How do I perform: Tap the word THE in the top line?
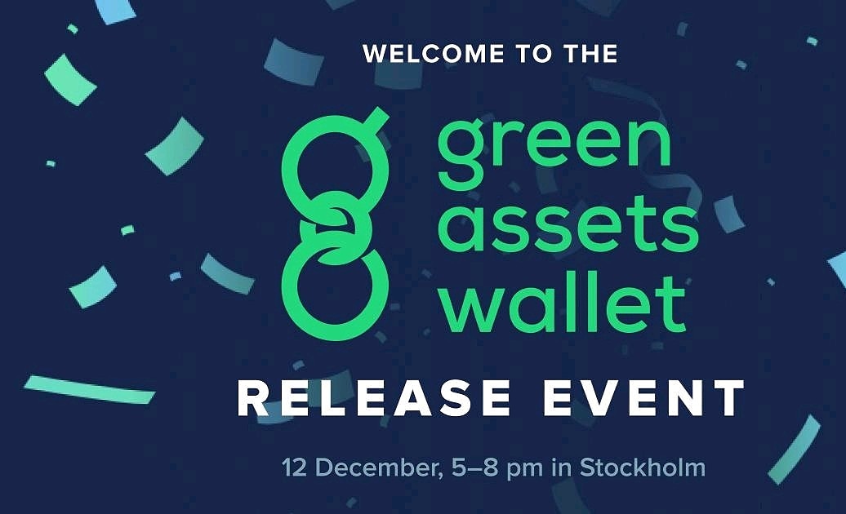tap(587, 55)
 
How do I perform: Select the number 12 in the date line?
tap(296, 468)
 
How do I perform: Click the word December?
tap(368, 468)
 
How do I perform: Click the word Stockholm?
tap(642, 468)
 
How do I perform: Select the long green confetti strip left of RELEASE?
tap(90, 389)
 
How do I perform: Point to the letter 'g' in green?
tap(463, 157)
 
